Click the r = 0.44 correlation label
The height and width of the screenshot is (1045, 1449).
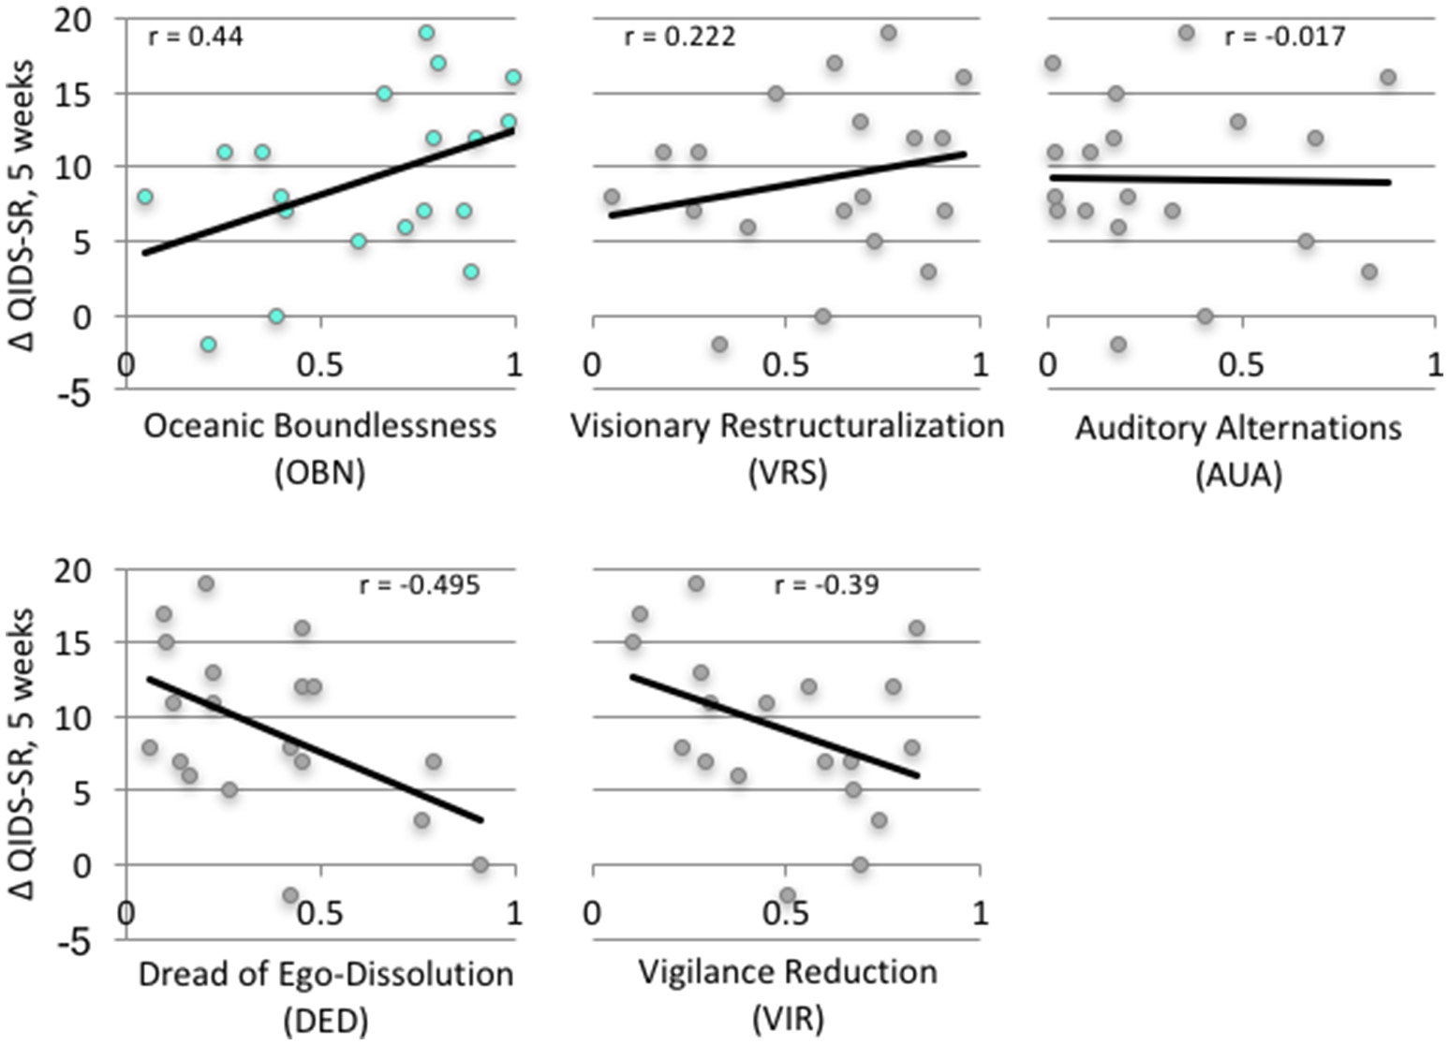(196, 39)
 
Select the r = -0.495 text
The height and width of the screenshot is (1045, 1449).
(420, 586)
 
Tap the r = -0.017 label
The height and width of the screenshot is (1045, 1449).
(1285, 37)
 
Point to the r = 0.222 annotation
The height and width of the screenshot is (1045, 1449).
(680, 37)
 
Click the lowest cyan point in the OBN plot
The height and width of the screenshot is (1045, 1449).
(209, 345)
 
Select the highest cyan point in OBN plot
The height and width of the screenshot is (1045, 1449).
(426, 33)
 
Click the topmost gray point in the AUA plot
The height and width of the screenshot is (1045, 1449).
(1186, 33)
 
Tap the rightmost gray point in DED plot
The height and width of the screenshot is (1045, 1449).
(481, 864)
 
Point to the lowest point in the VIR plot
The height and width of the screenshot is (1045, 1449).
(788, 894)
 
